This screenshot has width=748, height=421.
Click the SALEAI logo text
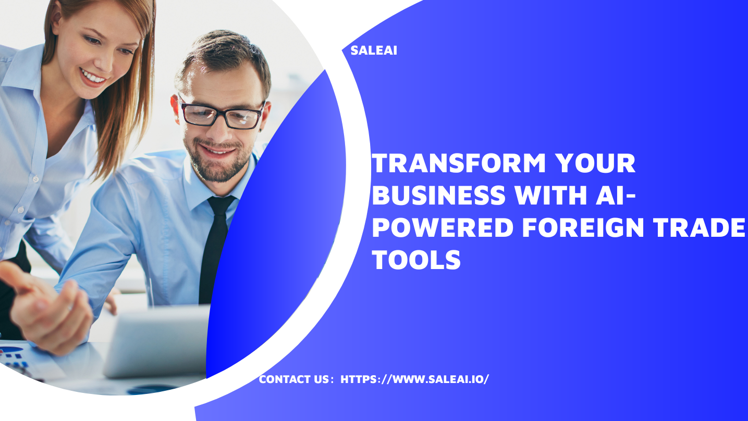[x=374, y=51]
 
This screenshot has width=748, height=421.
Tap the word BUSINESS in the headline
[x=439, y=195]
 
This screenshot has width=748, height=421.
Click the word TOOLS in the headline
[x=417, y=259]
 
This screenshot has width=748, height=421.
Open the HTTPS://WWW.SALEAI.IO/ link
[x=414, y=379]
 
